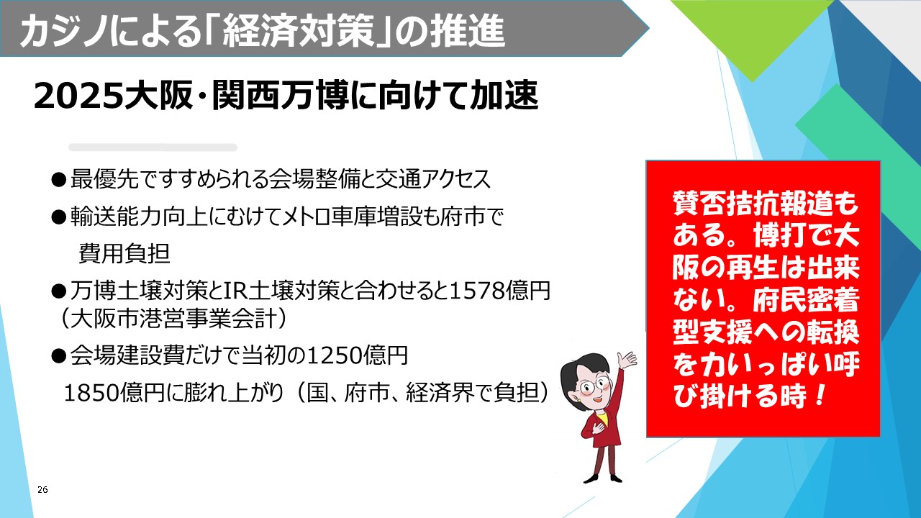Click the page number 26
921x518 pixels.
click(x=42, y=490)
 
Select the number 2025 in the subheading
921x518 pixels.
click(x=79, y=96)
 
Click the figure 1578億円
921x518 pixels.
click(x=500, y=291)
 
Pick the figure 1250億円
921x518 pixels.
click(x=357, y=355)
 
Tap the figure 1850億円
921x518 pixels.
click(x=114, y=393)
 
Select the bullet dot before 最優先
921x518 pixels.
click(x=58, y=180)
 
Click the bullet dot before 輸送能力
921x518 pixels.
click(x=58, y=217)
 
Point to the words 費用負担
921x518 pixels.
click(x=124, y=253)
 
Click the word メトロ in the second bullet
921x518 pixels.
click(x=307, y=217)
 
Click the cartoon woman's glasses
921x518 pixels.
click(x=591, y=386)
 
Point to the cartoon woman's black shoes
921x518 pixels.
click(x=603, y=478)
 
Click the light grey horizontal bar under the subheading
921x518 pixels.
click(x=153, y=147)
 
